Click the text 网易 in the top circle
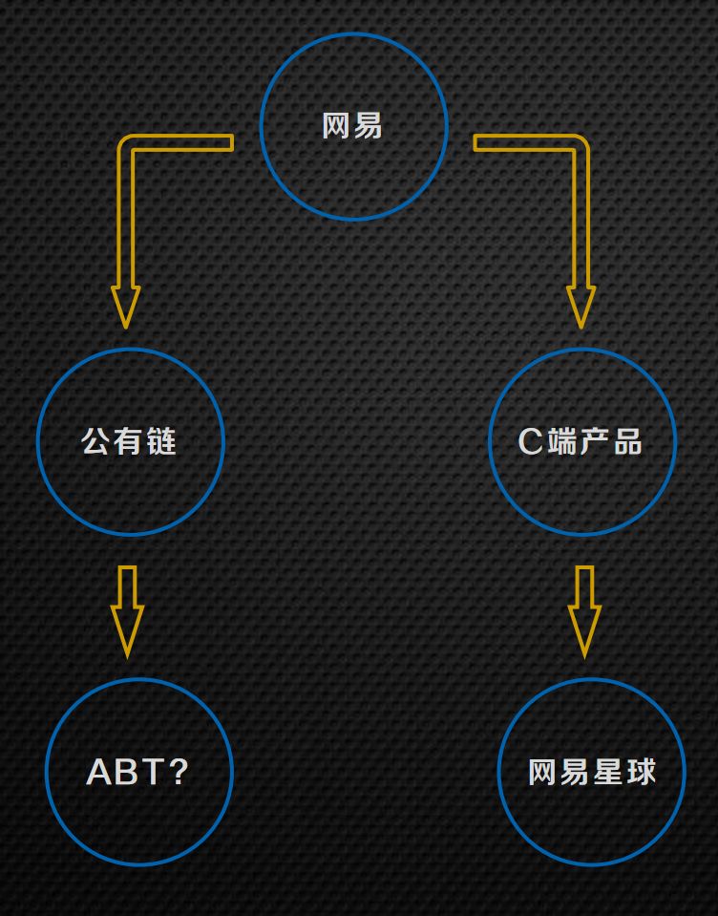(352, 126)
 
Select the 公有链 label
(129, 441)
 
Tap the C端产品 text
(580, 441)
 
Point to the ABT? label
(137, 772)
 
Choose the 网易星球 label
(592, 772)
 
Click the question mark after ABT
(178, 772)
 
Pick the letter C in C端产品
(530, 441)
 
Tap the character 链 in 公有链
(161, 441)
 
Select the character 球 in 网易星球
(641, 772)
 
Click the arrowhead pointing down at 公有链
(125, 308)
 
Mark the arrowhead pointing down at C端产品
(581, 308)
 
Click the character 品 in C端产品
(626, 441)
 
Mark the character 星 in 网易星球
(608, 772)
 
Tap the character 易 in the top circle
(368, 126)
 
